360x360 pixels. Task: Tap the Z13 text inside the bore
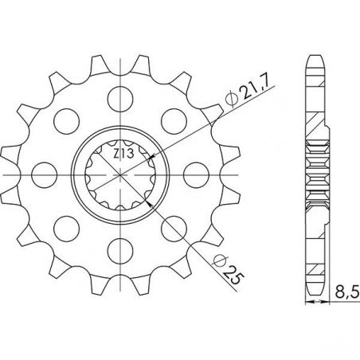(123, 154)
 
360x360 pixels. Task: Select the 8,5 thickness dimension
(347, 293)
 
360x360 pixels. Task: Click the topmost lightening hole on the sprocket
(120, 99)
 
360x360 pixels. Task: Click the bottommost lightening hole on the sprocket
(120, 251)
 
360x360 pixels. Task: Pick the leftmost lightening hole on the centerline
(44, 175)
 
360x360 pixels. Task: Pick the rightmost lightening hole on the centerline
(196, 175)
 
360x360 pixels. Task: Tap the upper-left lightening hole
(66, 121)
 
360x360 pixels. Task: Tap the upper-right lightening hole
(174, 121)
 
